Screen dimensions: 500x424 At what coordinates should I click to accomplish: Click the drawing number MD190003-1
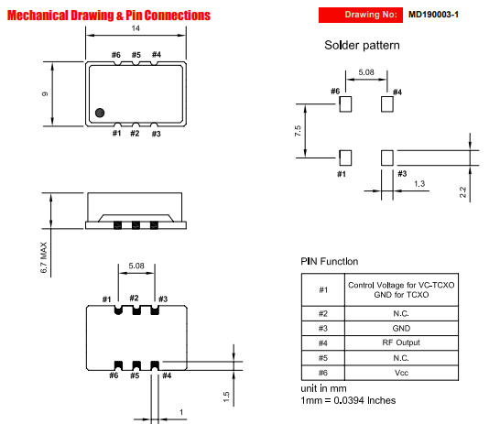point(433,15)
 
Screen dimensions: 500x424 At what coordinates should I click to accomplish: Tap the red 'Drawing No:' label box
point(361,15)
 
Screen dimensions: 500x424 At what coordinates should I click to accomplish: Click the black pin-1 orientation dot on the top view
point(100,113)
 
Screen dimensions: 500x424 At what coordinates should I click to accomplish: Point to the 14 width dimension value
point(136,28)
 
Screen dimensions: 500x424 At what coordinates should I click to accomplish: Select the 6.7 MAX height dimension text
point(44,257)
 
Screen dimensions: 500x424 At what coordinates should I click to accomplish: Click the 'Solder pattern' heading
point(362,45)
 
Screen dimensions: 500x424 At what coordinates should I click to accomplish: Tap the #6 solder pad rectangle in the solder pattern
point(345,103)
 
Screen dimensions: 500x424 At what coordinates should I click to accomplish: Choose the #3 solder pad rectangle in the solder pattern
point(387,158)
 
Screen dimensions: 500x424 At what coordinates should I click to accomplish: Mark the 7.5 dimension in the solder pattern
point(298,131)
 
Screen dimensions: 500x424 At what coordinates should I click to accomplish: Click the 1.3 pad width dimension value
point(419,184)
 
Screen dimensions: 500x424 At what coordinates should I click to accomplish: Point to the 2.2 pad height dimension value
point(463,192)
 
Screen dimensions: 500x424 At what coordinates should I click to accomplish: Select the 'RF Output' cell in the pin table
point(401,342)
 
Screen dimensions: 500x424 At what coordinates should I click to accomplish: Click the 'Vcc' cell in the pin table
point(401,373)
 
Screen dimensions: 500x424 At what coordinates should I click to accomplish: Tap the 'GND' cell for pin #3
point(401,329)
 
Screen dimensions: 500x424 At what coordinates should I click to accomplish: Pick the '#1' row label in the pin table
point(323,289)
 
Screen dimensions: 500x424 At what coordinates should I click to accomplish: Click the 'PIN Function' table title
point(330,261)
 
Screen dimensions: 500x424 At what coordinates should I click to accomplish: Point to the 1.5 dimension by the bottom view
point(226,397)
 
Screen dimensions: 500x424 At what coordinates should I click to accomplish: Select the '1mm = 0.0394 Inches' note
point(348,400)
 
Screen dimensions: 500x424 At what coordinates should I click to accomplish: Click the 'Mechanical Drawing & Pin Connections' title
point(109,16)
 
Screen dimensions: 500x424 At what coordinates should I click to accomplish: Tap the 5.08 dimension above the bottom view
point(136,266)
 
